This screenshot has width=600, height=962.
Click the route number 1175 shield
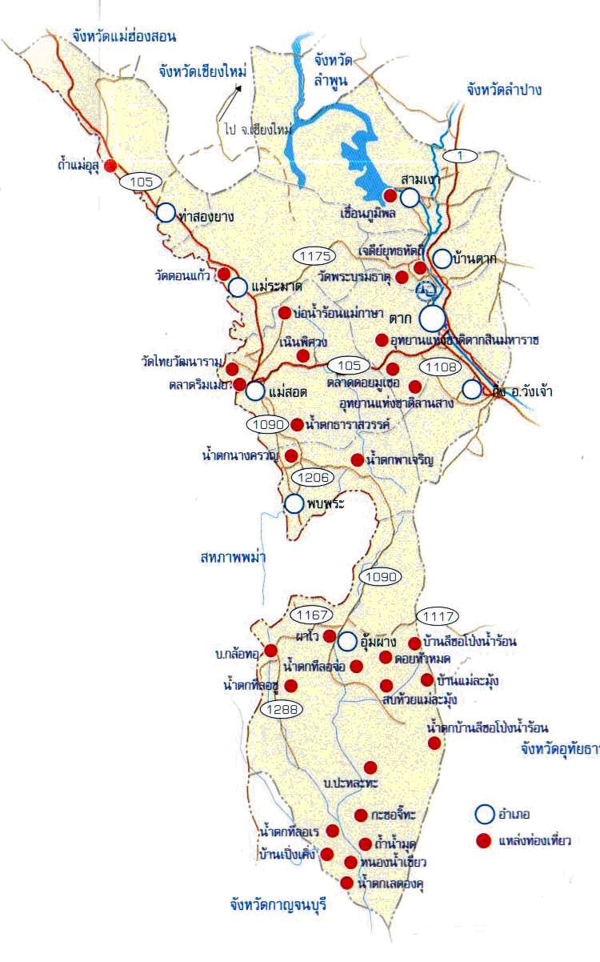tap(314, 256)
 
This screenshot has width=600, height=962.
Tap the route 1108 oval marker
tap(441, 367)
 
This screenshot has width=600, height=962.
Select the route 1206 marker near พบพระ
tap(312, 478)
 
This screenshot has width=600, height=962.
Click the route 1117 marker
tap(438, 616)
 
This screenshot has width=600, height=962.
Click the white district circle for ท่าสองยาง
tap(166, 213)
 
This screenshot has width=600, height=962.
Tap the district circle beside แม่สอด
tap(255, 391)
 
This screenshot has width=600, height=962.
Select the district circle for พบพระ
tap(294, 503)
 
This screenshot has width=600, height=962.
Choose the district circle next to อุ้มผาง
tap(346, 641)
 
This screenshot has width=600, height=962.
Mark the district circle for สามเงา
tap(410, 197)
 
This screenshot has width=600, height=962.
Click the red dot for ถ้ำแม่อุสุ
tap(111, 165)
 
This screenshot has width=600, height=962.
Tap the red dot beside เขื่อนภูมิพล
tap(390, 195)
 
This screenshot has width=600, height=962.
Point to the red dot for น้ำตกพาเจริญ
tap(357, 460)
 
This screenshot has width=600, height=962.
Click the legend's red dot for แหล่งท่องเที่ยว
tap(482, 840)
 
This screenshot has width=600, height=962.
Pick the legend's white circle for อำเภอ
tap(483, 814)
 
